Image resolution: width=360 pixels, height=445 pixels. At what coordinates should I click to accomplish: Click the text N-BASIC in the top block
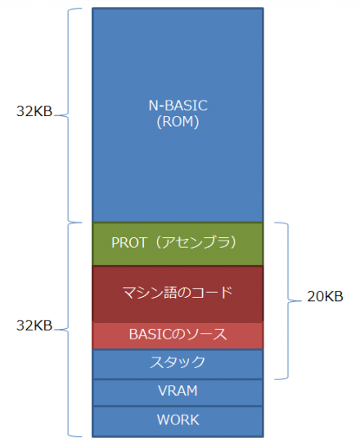pos(178,105)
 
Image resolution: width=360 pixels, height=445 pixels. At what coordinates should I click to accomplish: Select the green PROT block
pos(178,243)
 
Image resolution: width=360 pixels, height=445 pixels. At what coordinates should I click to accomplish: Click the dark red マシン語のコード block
pos(178,293)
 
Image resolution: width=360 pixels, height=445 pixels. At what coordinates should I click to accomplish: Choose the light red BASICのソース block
pos(178,335)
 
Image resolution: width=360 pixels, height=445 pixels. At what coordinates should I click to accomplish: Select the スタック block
pos(178,362)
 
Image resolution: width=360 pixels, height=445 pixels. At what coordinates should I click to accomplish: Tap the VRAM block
pos(178,391)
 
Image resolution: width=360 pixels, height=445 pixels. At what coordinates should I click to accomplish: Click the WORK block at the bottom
pos(178,420)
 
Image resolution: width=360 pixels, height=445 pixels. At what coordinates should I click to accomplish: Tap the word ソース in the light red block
pos(208,335)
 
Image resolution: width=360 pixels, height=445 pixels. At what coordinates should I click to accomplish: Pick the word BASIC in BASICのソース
pos(148,335)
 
